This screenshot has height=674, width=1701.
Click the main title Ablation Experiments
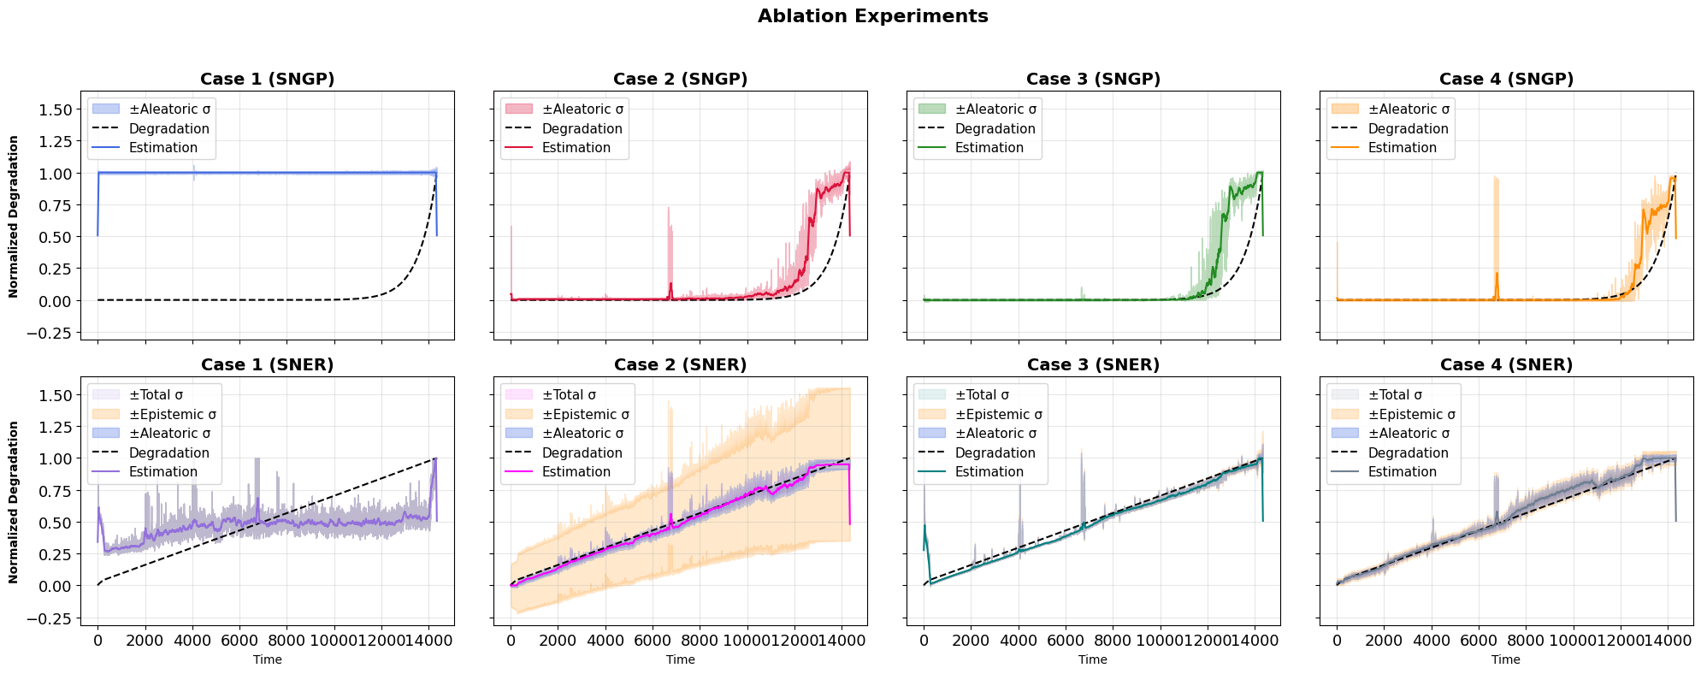click(x=872, y=16)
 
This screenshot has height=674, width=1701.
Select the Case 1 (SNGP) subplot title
click(x=268, y=80)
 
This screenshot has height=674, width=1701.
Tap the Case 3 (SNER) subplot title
click(x=1093, y=365)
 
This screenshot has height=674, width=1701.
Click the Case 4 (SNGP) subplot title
click(x=1506, y=80)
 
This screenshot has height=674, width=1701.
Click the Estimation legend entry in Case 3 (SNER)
click(x=989, y=472)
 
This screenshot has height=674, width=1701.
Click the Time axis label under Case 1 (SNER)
click(x=268, y=659)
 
